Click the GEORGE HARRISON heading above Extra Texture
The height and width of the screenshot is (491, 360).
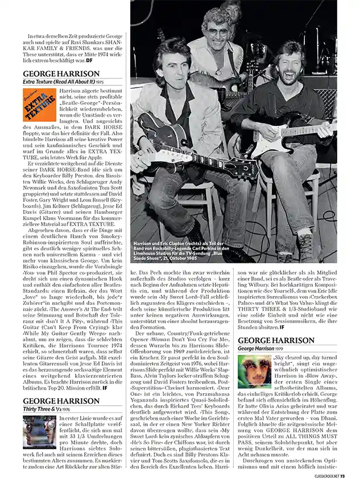click(61, 74)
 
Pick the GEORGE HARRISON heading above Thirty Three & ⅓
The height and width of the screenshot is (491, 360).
click(61, 401)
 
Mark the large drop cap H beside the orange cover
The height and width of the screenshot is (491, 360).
click(61, 90)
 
